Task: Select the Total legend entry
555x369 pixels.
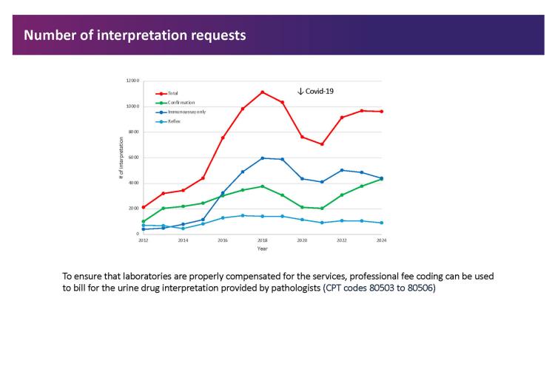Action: tap(172, 93)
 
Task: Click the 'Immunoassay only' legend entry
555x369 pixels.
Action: tap(182, 111)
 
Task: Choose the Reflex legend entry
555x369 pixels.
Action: tap(174, 120)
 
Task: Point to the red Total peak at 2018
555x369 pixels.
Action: tap(262, 92)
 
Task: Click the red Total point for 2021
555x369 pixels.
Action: tap(322, 144)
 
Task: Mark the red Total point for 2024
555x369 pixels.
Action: tap(382, 112)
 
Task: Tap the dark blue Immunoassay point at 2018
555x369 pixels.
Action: tap(262, 158)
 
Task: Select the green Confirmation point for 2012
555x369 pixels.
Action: tap(143, 221)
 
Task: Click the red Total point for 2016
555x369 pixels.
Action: tap(223, 138)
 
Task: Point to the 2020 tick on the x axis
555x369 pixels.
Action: tap(302, 240)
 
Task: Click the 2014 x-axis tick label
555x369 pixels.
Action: tap(183, 240)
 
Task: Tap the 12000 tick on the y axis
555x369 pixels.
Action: tap(133, 81)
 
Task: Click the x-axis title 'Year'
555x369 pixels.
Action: tap(263, 248)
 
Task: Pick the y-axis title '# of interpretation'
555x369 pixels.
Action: tap(121, 158)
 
